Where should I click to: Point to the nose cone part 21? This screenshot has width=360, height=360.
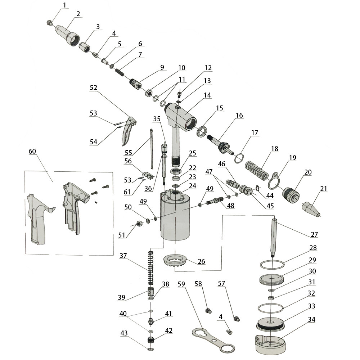click(x=311, y=210)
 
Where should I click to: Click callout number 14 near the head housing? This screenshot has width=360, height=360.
click(x=207, y=95)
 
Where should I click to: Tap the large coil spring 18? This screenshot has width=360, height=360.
click(x=256, y=170)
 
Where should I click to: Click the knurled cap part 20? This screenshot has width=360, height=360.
click(x=290, y=194)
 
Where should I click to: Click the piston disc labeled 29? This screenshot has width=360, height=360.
click(x=272, y=278)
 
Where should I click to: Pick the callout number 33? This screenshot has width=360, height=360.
click(x=311, y=306)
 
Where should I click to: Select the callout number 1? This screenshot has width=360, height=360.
click(x=64, y=5)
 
